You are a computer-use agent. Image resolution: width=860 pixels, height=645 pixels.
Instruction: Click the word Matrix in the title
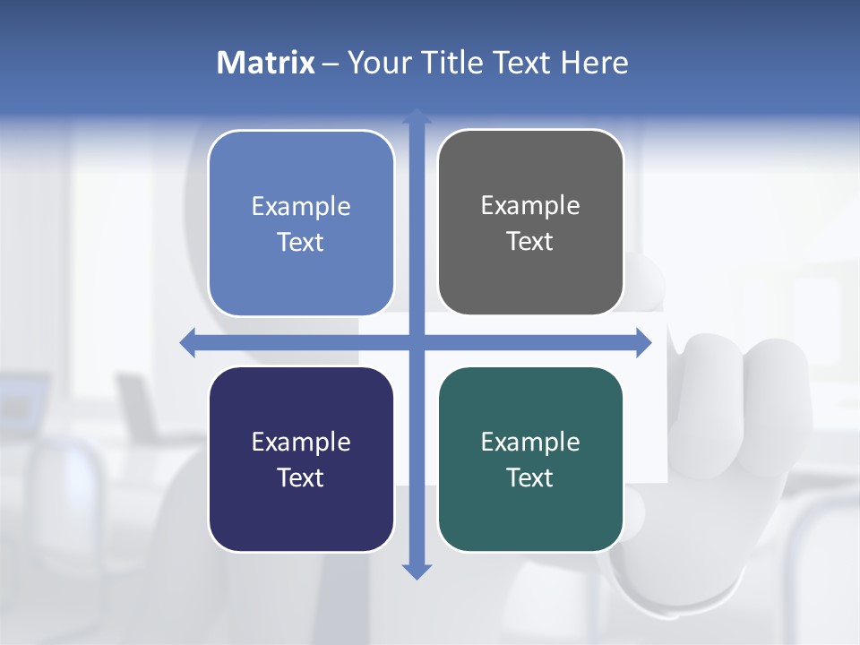265,63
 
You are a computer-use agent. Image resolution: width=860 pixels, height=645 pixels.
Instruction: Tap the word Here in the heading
594,63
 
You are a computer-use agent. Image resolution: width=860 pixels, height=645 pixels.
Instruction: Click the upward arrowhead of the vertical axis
417,116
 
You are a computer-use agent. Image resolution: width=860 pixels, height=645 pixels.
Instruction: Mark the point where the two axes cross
417,342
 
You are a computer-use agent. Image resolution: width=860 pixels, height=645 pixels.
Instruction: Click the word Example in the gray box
530,205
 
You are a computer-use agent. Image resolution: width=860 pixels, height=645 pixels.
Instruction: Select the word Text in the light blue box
301,242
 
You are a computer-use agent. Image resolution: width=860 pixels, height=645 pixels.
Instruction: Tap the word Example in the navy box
301,442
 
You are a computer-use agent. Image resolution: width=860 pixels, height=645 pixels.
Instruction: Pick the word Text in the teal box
530,477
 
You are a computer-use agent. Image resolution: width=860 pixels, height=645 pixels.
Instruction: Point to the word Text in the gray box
530,241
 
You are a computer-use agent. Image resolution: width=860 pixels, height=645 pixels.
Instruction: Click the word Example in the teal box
530,442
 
